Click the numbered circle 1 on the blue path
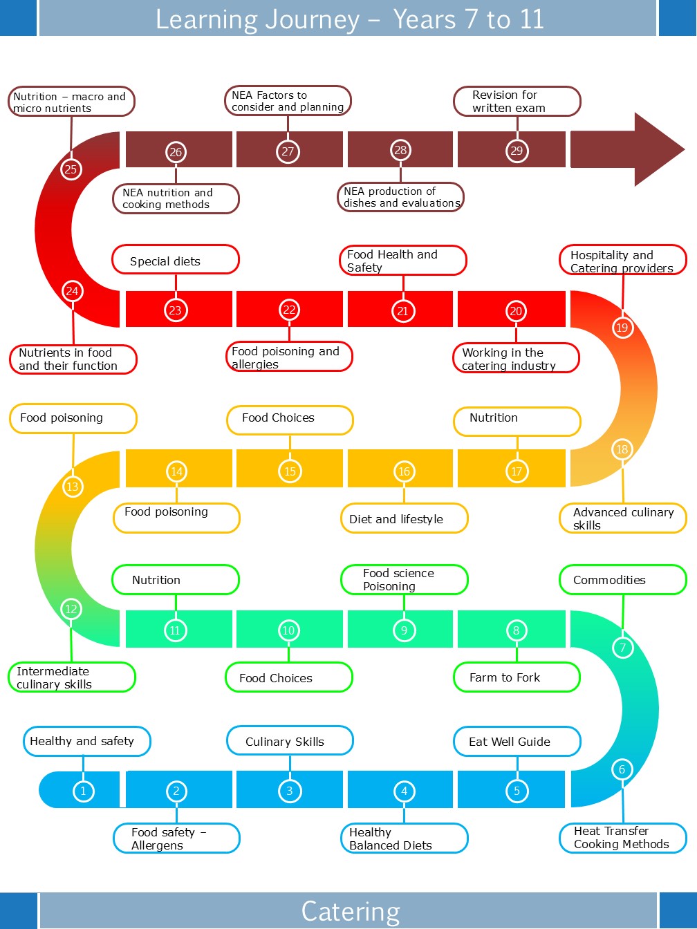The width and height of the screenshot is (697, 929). [83, 791]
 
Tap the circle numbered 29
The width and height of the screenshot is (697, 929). [517, 151]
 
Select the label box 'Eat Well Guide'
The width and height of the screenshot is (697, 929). [517, 742]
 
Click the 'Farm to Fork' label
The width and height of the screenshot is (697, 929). [517, 677]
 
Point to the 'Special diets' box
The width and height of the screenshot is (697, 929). [175, 261]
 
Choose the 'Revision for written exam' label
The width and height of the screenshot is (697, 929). [517, 101]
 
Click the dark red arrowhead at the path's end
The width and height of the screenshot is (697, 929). [657, 149]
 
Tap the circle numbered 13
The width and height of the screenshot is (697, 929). [72, 487]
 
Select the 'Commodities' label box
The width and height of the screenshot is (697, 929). [622, 580]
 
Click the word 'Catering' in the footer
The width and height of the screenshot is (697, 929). [351, 911]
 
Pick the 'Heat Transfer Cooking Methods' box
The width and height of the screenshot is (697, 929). [622, 838]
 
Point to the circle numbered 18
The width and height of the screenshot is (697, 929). [622, 449]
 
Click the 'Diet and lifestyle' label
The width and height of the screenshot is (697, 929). [404, 519]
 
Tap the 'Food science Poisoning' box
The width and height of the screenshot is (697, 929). [404, 580]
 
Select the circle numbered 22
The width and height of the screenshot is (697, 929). [289, 310]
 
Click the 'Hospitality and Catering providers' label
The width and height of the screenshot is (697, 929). [622, 261]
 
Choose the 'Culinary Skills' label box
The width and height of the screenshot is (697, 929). [290, 742]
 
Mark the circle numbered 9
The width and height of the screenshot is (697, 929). [404, 630]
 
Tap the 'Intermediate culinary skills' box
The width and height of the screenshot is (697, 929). [71, 677]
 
